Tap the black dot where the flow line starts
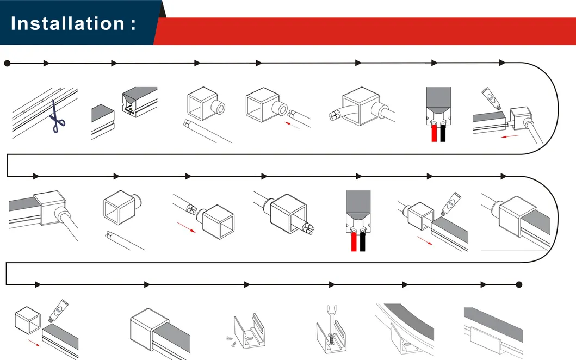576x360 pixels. coord(7,64)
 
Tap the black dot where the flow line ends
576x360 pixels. coord(519,284)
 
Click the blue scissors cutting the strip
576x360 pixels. coord(57,116)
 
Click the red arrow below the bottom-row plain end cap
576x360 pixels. coord(34,343)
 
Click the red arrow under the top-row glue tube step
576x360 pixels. coord(510,136)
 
